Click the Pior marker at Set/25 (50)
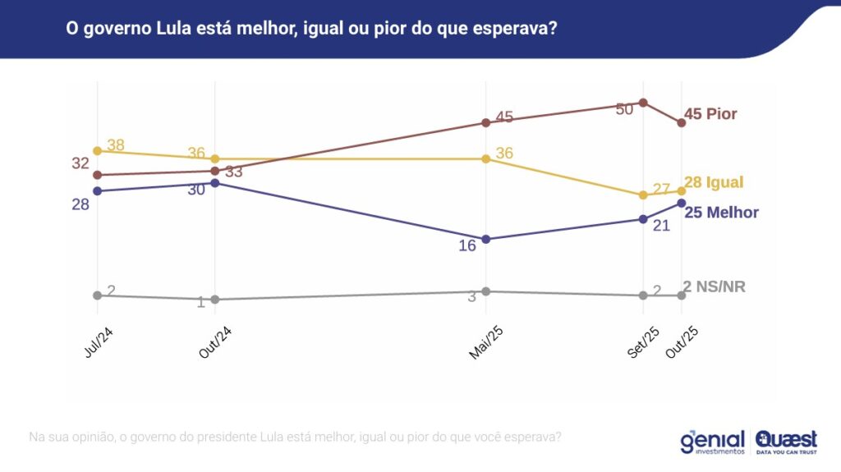pos(644,103)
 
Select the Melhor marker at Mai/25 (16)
pos(485,239)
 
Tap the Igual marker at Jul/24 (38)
pos(97,151)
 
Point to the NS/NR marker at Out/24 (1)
pos(214,300)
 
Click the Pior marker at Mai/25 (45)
pos(485,122)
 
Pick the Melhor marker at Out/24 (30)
pos(214,183)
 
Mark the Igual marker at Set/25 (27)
pos(644,195)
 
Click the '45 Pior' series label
pos(710,114)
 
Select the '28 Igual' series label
pos(713,182)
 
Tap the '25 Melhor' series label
pos(720,213)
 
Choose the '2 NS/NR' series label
pos(714,286)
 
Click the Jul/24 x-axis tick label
pos(98,340)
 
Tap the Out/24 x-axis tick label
pos(214,341)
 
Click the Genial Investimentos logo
pos(712,442)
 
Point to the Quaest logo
pos(786,442)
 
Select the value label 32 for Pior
pos(80,163)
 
